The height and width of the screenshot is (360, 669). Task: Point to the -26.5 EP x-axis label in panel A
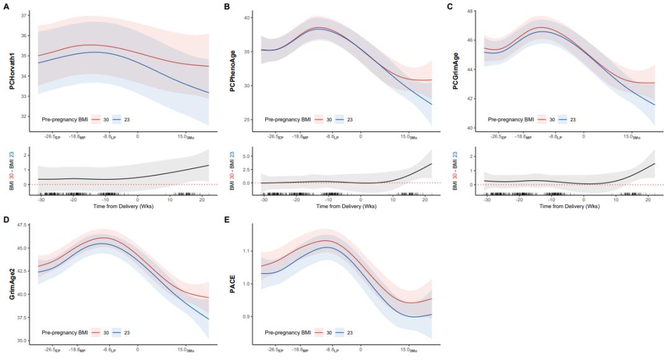pos(47,136)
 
